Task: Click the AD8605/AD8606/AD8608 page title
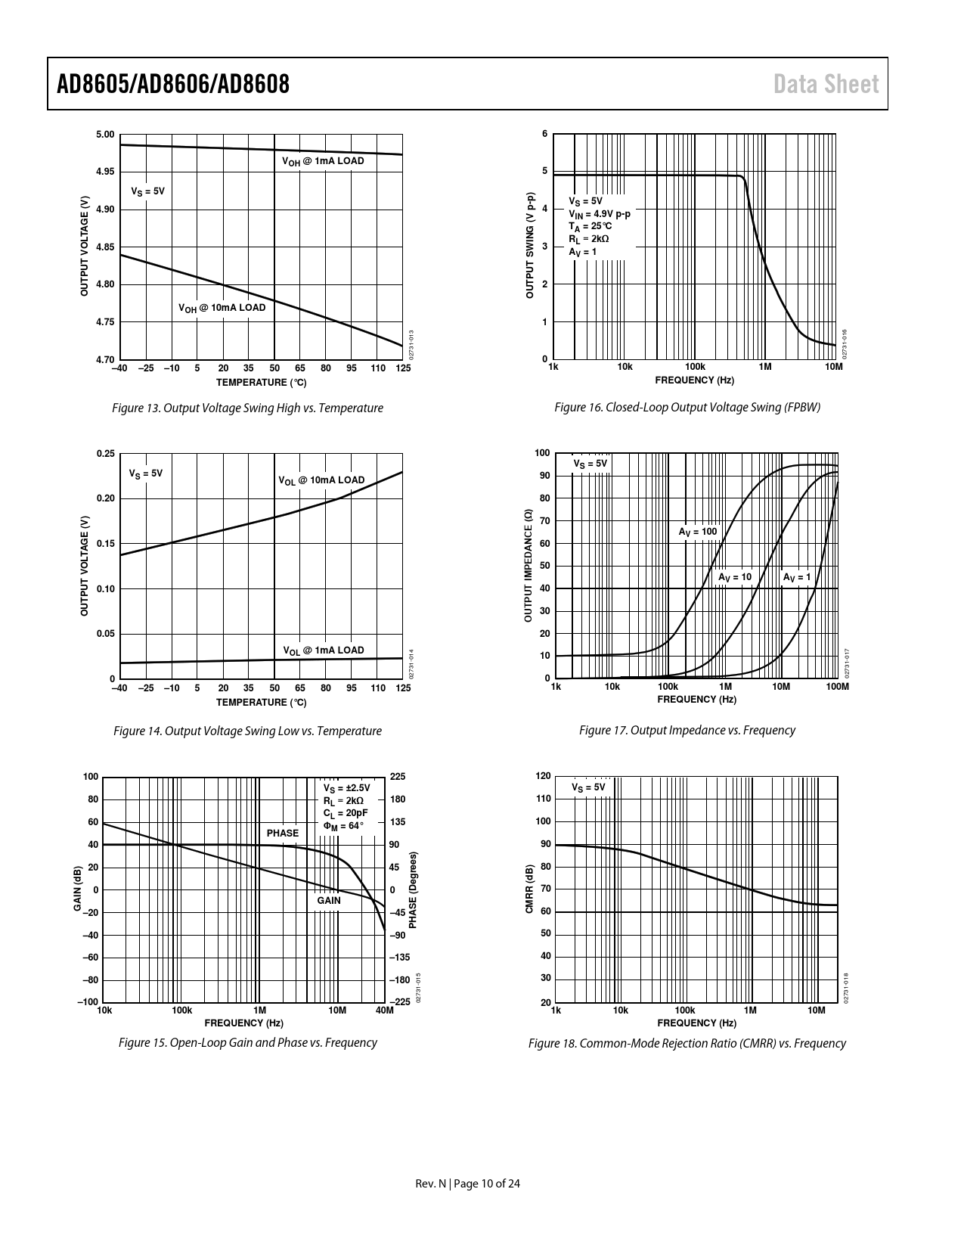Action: (x=173, y=84)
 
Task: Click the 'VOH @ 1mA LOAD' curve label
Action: (x=323, y=161)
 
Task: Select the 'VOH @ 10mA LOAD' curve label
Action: (x=222, y=308)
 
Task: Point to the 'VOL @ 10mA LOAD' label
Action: (x=321, y=480)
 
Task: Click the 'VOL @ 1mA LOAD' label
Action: (x=323, y=650)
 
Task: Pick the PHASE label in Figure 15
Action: (x=283, y=833)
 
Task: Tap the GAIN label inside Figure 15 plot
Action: (x=329, y=900)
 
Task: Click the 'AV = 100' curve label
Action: (x=697, y=532)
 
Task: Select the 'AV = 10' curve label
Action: (x=735, y=577)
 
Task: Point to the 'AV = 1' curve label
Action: (x=797, y=577)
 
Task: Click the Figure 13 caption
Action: (x=247, y=408)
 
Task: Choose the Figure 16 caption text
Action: (x=687, y=408)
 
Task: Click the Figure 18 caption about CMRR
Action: (x=687, y=1044)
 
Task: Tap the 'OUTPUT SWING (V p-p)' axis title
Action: (x=530, y=244)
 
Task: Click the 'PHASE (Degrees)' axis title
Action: (x=413, y=890)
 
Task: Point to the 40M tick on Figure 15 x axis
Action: (x=385, y=1010)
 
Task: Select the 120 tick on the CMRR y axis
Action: (x=543, y=777)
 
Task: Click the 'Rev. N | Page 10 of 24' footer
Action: (x=468, y=1184)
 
